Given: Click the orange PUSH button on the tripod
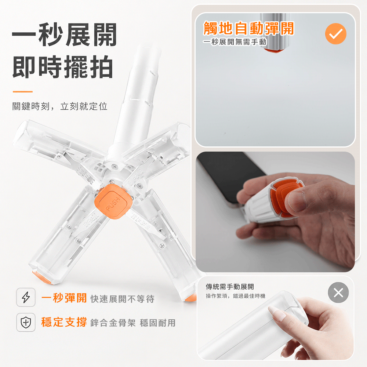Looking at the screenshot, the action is coord(113,202).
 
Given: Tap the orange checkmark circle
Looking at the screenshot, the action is coord(336,34).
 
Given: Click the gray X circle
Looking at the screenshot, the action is coord(338,292).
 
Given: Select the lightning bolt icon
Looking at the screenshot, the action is coord(26,297).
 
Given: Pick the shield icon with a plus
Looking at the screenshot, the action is coord(26,322).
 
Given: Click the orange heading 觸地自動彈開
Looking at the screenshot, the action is coord(248,28).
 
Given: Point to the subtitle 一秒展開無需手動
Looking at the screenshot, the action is coord(235,42).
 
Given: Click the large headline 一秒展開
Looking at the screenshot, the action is coord(65,35).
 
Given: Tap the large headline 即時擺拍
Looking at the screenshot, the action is coord(63,67).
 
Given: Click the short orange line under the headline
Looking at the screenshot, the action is coord(23,91).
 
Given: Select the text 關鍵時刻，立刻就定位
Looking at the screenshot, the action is coord(60,106).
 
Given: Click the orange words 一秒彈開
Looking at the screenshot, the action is coord(64,298).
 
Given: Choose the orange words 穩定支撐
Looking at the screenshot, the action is coord(64,322).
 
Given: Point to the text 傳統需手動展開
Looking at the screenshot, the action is coord(230,287).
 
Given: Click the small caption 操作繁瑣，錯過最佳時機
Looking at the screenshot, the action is coord(236,296).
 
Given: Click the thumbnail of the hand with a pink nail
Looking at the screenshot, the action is coord(275,318).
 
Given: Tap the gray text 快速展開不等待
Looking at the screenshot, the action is coord(123,299).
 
